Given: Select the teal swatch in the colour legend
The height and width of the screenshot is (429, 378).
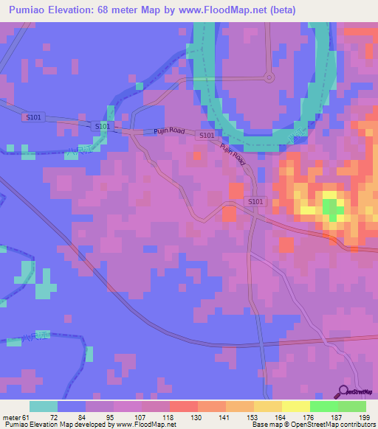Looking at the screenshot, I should tap(44, 406).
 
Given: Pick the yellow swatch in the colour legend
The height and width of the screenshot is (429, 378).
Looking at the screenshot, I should tap(295, 406).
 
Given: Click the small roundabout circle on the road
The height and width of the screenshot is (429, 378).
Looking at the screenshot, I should tap(269, 77).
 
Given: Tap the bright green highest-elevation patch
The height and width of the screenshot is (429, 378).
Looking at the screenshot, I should tap(332, 208).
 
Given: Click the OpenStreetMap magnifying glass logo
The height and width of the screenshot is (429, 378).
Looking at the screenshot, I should tap(343, 392).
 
